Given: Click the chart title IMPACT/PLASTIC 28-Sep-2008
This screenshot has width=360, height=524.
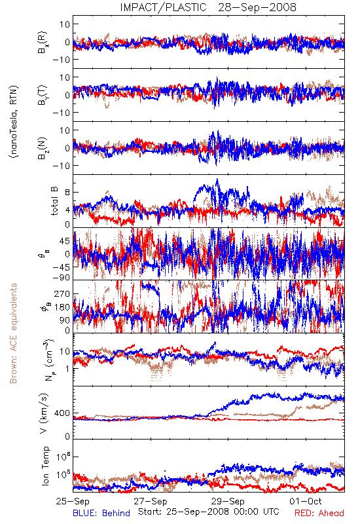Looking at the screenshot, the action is (x=208, y=7).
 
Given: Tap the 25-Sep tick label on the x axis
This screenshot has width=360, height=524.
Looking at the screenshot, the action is (x=73, y=501).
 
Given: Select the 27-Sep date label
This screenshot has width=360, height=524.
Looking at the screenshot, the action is (x=151, y=501).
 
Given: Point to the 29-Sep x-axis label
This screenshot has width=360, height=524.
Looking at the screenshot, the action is (x=228, y=501).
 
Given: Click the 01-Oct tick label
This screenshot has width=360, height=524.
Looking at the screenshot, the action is (x=306, y=501).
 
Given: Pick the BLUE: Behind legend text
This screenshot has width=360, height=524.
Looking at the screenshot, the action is (x=101, y=513).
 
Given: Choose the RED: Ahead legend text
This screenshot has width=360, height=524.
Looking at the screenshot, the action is (x=319, y=513).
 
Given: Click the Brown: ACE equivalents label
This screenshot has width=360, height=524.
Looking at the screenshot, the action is (x=13, y=333).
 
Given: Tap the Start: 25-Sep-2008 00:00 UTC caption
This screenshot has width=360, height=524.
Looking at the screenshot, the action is (x=208, y=512).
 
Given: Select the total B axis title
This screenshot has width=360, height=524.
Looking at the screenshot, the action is (x=54, y=201).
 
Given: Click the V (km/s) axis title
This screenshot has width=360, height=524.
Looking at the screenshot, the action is (x=44, y=413).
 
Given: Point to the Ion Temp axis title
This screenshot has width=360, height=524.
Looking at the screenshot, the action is (x=45, y=466).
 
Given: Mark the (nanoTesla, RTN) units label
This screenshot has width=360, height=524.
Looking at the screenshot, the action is (x=14, y=122).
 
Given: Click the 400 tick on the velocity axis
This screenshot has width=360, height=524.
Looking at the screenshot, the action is (x=63, y=413).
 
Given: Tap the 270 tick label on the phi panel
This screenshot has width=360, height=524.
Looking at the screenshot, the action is (x=63, y=294).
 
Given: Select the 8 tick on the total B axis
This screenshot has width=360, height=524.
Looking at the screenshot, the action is (x=67, y=193).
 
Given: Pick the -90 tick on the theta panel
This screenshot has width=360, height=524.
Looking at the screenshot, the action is (x=61, y=278).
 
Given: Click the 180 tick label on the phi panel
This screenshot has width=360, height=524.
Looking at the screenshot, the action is (x=63, y=307).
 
